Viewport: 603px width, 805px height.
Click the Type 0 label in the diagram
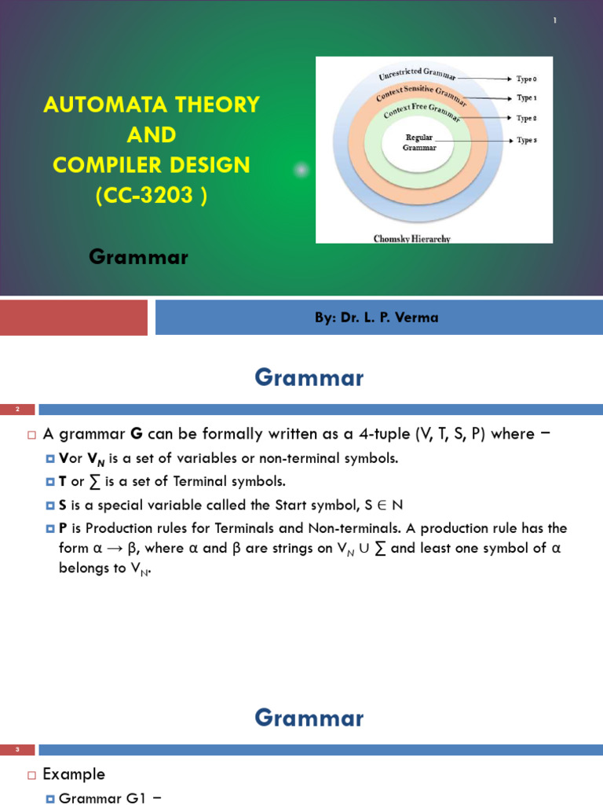(x=526, y=79)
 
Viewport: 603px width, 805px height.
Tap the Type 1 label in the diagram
(x=526, y=98)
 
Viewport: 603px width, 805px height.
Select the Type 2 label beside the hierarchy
(x=526, y=119)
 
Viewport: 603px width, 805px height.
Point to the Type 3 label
(x=526, y=140)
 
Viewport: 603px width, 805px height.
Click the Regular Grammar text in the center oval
(x=418, y=142)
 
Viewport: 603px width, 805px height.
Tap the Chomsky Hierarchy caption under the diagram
(x=411, y=238)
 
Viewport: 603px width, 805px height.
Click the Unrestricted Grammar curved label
(x=417, y=75)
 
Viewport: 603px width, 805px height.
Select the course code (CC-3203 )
(x=152, y=196)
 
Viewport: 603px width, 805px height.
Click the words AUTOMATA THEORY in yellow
(x=152, y=105)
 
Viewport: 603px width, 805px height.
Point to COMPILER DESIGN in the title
(x=152, y=165)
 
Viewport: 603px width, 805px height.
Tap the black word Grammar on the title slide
(x=138, y=256)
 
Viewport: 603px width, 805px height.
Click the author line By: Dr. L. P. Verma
(x=376, y=318)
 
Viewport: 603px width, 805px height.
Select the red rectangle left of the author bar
(x=73, y=318)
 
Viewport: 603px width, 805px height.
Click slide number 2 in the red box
(x=17, y=409)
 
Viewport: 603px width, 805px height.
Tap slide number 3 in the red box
(x=17, y=750)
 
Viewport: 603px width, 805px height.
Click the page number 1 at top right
(x=554, y=20)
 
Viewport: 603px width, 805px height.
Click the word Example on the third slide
(x=74, y=774)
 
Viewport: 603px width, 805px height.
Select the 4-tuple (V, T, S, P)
(x=466, y=434)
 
